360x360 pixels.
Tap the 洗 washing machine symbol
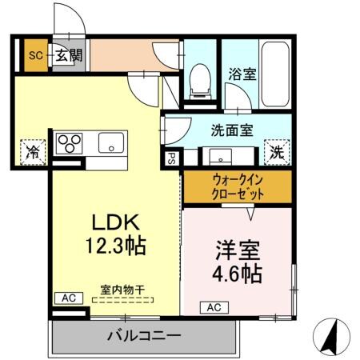point(277,150)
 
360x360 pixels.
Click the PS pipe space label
point(170,158)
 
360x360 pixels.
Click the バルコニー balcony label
point(144,335)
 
